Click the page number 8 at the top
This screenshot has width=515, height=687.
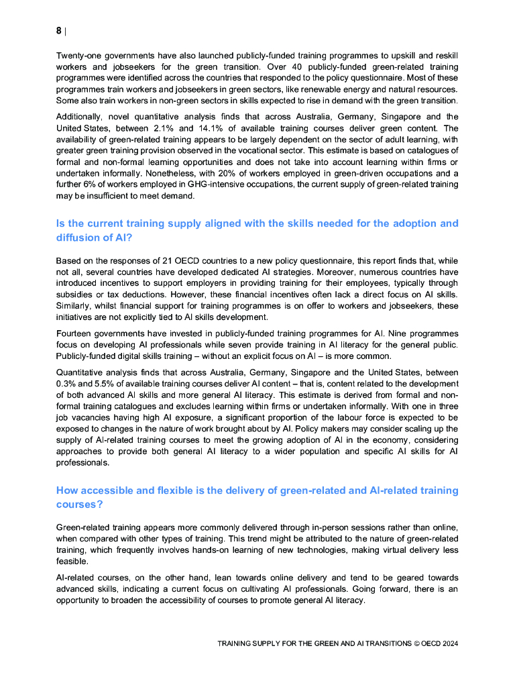pos(59,31)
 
